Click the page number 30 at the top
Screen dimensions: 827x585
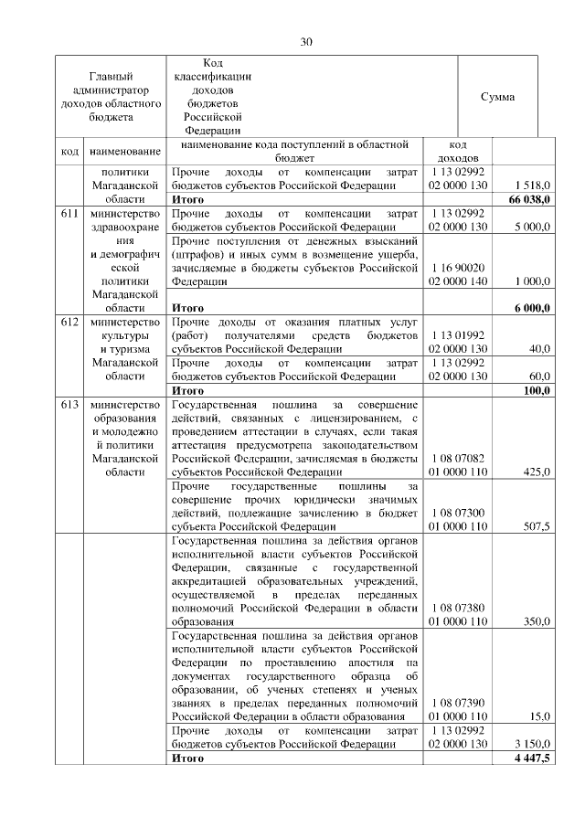coord(306,41)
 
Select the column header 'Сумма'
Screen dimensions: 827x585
coord(497,97)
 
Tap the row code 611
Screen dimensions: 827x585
coord(69,214)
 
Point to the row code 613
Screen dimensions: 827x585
coord(69,405)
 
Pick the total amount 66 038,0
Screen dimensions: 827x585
coord(528,199)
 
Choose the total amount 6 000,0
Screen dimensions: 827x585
coord(531,308)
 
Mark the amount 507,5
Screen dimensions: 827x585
coord(536,526)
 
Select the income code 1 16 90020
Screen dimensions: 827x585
coord(458,268)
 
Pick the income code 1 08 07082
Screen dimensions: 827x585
coord(458,458)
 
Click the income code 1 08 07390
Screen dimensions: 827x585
coord(458,703)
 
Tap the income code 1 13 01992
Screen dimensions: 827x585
coord(458,335)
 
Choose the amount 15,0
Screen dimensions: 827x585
coord(539,716)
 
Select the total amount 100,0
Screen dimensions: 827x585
coord(536,390)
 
